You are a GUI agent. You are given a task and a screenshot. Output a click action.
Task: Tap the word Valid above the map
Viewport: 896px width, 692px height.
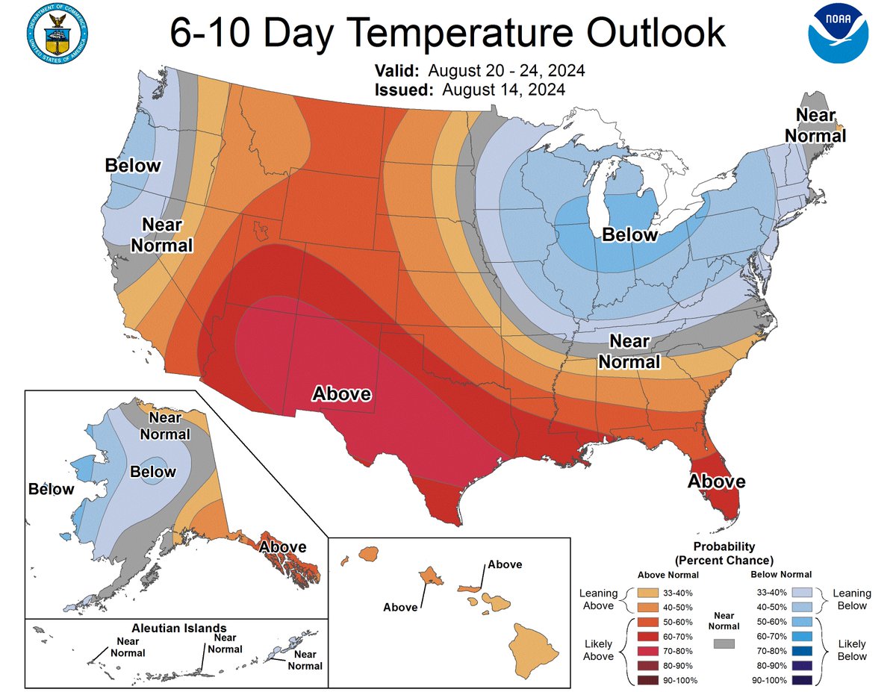398,72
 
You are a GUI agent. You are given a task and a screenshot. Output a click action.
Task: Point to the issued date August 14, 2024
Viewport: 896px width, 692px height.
503,90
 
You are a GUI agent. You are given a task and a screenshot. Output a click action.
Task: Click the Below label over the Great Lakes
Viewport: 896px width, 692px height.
630,235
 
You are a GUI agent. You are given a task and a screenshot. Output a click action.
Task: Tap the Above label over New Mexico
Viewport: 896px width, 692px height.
341,393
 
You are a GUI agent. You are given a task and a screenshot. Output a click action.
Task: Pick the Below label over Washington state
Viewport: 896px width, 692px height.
133,165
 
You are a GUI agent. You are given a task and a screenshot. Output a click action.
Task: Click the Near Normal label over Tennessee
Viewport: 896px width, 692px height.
635,352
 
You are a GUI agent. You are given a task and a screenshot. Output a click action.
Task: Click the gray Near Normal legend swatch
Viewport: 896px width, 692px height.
724,643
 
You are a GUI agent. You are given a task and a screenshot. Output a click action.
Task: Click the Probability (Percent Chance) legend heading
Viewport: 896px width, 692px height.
724,552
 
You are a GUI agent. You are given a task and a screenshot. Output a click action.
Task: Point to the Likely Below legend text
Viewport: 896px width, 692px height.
851,649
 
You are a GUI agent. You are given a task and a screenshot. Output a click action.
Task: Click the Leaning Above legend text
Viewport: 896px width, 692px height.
598,599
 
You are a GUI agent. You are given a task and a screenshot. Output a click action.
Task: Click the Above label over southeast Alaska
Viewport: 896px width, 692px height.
282,546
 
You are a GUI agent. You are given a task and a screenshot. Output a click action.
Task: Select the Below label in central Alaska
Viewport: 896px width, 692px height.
152,472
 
